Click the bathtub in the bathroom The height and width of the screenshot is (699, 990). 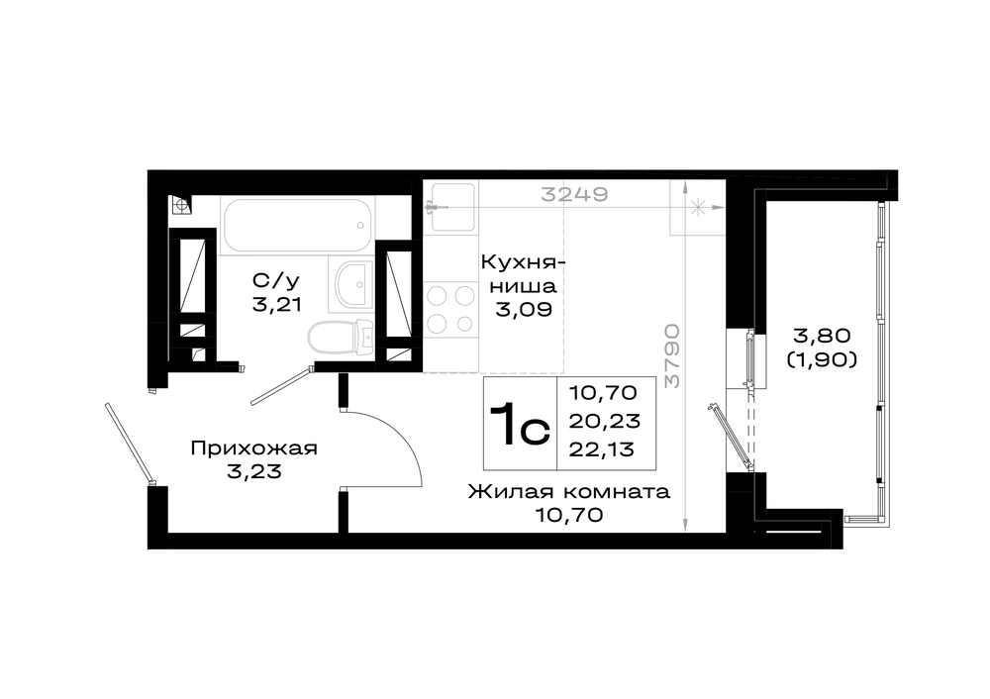(297, 225)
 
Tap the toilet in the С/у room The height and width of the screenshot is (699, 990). (342, 336)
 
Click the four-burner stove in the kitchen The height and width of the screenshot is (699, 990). (450, 310)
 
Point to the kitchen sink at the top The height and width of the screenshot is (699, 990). (450, 207)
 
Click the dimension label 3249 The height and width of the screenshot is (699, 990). (574, 194)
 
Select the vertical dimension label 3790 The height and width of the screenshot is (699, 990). (673, 355)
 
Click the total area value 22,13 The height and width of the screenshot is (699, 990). (602, 449)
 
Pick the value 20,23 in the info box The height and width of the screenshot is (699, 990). (604, 421)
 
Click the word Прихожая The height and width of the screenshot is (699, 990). (253, 449)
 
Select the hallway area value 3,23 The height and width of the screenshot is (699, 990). (253, 471)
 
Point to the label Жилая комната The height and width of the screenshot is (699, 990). (569, 492)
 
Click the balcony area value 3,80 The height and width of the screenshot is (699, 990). (822, 336)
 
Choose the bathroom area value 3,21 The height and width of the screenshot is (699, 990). (276, 305)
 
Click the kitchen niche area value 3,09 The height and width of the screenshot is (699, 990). (524, 310)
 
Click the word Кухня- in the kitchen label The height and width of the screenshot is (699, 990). (523, 261)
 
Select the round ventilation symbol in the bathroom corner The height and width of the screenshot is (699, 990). (181, 205)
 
